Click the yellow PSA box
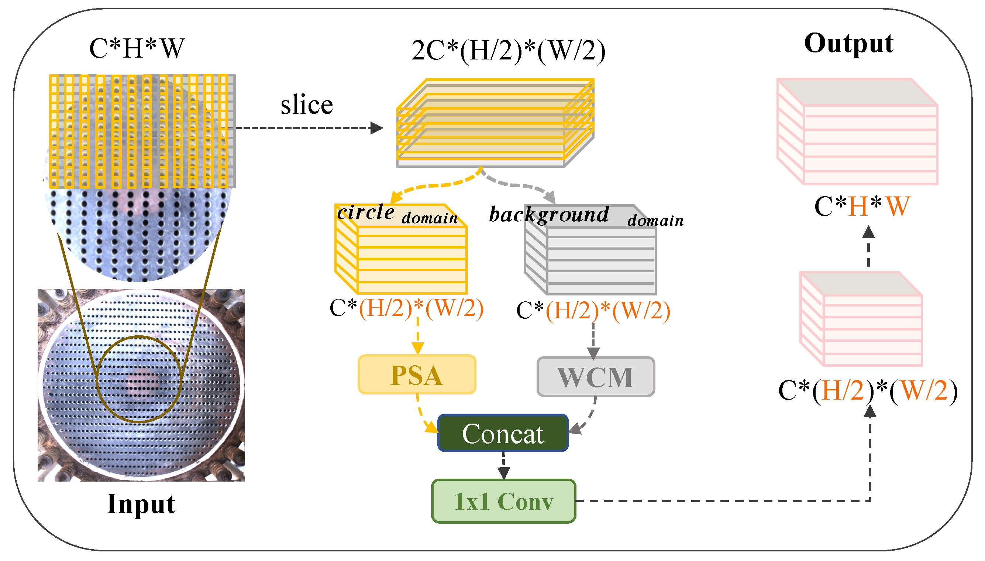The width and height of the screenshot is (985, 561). point(417,374)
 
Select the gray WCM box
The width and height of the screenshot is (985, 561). point(595,376)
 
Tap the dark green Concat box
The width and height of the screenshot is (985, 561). point(503,433)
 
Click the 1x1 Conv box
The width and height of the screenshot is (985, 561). point(503,501)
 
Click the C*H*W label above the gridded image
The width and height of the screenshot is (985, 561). point(137,48)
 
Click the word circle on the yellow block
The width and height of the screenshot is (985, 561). point(366,212)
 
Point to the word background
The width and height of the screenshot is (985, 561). point(548,214)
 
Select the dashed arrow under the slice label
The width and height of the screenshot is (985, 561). point(308,128)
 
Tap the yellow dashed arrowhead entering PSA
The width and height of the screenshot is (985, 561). point(418,348)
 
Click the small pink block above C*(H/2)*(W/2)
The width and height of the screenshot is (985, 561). point(861,318)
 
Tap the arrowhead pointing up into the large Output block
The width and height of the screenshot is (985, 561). point(868,232)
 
